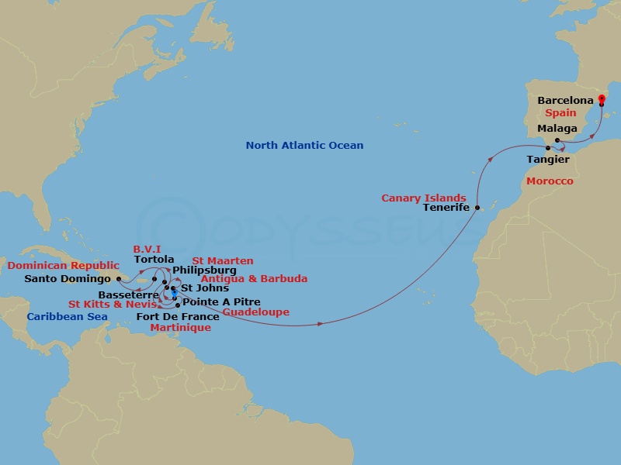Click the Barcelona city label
[565, 101]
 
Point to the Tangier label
[548, 160]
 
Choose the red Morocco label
[550, 181]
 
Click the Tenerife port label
[447, 208]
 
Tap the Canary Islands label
[423, 198]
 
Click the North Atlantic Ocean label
[304, 146]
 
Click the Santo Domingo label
[68, 279]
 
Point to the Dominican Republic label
[64, 266]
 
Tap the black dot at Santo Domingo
[119, 279]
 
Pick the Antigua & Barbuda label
[254, 279]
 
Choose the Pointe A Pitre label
[221, 302]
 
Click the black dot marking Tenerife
[477, 208]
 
